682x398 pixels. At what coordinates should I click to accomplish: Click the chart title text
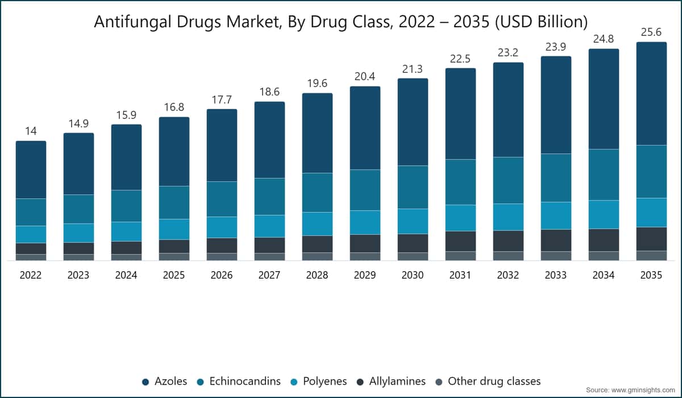(340, 22)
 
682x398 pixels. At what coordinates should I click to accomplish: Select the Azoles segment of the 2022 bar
(31, 169)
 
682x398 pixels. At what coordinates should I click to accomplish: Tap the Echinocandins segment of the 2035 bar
(651, 172)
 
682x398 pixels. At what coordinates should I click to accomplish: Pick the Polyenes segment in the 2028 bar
(317, 224)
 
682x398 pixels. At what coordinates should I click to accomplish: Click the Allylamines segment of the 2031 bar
(460, 241)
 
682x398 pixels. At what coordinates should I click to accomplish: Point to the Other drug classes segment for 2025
(174, 256)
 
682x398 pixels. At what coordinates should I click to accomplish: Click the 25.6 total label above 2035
(651, 32)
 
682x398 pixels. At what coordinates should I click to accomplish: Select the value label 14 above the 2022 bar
(31, 131)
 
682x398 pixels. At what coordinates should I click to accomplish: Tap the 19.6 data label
(317, 83)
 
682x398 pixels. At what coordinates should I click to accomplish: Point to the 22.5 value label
(460, 59)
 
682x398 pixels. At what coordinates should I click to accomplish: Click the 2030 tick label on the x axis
(413, 275)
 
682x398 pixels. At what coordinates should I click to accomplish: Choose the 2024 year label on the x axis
(126, 275)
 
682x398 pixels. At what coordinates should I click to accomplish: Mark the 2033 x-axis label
(556, 275)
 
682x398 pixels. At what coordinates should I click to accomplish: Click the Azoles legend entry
(165, 382)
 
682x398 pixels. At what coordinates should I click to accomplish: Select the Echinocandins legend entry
(239, 382)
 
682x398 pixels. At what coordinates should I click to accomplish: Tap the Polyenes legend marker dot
(294, 382)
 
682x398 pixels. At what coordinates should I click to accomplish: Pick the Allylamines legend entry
(391, 382)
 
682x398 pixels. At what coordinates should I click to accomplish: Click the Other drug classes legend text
(494, 382)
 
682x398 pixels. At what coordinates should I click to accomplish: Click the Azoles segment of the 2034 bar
(604, 99)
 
